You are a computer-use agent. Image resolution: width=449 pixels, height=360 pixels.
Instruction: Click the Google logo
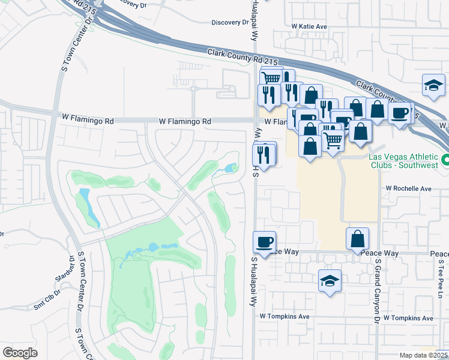click(x=20, y=353)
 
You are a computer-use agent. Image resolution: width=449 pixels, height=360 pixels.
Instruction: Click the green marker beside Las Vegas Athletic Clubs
click(x=445, y=160)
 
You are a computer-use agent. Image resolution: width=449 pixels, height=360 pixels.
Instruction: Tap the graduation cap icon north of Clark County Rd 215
click(x=433, y=85)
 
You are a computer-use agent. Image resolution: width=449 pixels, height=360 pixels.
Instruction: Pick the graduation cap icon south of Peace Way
click(x=330, y=281)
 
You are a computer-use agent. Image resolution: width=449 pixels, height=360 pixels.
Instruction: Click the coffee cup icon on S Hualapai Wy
click(x=265, y=242)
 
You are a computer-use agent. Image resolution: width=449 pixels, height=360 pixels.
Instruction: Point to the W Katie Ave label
click(x=309, y=26)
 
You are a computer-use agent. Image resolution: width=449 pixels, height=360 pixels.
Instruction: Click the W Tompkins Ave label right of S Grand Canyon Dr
click(x=408, y=317)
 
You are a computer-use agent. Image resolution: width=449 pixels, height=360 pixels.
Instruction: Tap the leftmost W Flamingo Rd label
click(x=88, y=121)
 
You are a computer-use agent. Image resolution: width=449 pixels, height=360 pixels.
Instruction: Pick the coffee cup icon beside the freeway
click(x=400, y=112)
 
